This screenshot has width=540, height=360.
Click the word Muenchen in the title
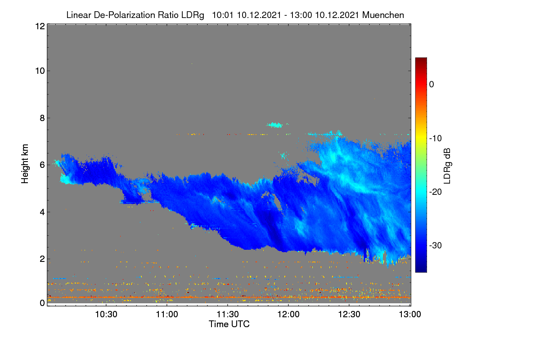pos(383,15)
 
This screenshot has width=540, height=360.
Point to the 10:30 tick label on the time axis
pos(106,315)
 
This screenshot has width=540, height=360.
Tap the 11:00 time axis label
pos(167,315)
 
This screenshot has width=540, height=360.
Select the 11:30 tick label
pos(228,315)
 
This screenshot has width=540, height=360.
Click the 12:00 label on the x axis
pos(288,315)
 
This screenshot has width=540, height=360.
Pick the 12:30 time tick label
pos(349,315)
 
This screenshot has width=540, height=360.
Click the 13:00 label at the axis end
pos(410,315)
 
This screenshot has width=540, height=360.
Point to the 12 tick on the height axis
pos(40,26)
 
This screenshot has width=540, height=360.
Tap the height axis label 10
pos(40,71)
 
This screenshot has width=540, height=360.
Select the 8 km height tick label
pos(42,118)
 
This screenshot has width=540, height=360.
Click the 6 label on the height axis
pos(42,165)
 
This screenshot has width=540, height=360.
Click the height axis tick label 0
pos(42,303)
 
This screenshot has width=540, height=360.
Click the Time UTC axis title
pos(229,324)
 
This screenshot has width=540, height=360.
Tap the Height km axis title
pos(25,164)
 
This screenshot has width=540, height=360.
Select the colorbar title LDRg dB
pos(447,166)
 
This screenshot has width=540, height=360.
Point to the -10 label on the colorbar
pos(436,139)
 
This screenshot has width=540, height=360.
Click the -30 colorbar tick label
pos(436,245)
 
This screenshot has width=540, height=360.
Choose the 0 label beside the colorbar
pos(432,85)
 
